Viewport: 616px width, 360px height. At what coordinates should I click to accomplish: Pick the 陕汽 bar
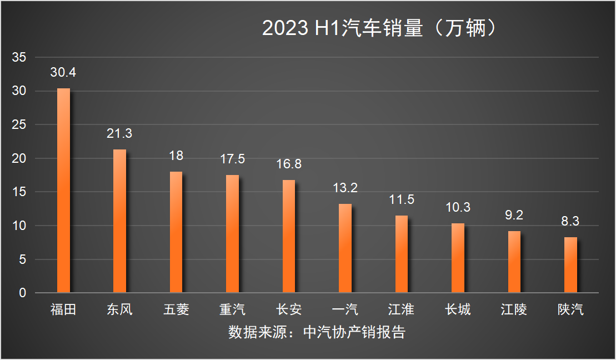570,265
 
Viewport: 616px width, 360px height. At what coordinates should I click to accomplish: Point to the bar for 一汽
345,248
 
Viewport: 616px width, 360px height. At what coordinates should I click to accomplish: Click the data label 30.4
63,73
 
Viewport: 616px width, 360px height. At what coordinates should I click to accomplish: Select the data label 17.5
232,159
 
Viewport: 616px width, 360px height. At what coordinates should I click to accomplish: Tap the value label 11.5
401,199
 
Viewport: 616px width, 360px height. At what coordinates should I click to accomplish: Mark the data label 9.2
514,215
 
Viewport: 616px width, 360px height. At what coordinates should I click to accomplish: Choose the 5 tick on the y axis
22,259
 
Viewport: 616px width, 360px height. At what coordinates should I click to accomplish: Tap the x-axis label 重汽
232,309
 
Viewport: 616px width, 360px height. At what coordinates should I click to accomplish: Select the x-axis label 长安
289,309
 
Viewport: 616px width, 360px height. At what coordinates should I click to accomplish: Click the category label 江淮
401,309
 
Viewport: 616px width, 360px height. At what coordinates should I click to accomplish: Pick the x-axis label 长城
458,309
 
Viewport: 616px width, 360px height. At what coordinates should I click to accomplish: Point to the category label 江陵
514,309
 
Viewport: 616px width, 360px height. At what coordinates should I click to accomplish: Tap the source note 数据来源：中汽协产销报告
317,332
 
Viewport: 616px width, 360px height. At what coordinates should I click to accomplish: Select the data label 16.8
289,164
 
